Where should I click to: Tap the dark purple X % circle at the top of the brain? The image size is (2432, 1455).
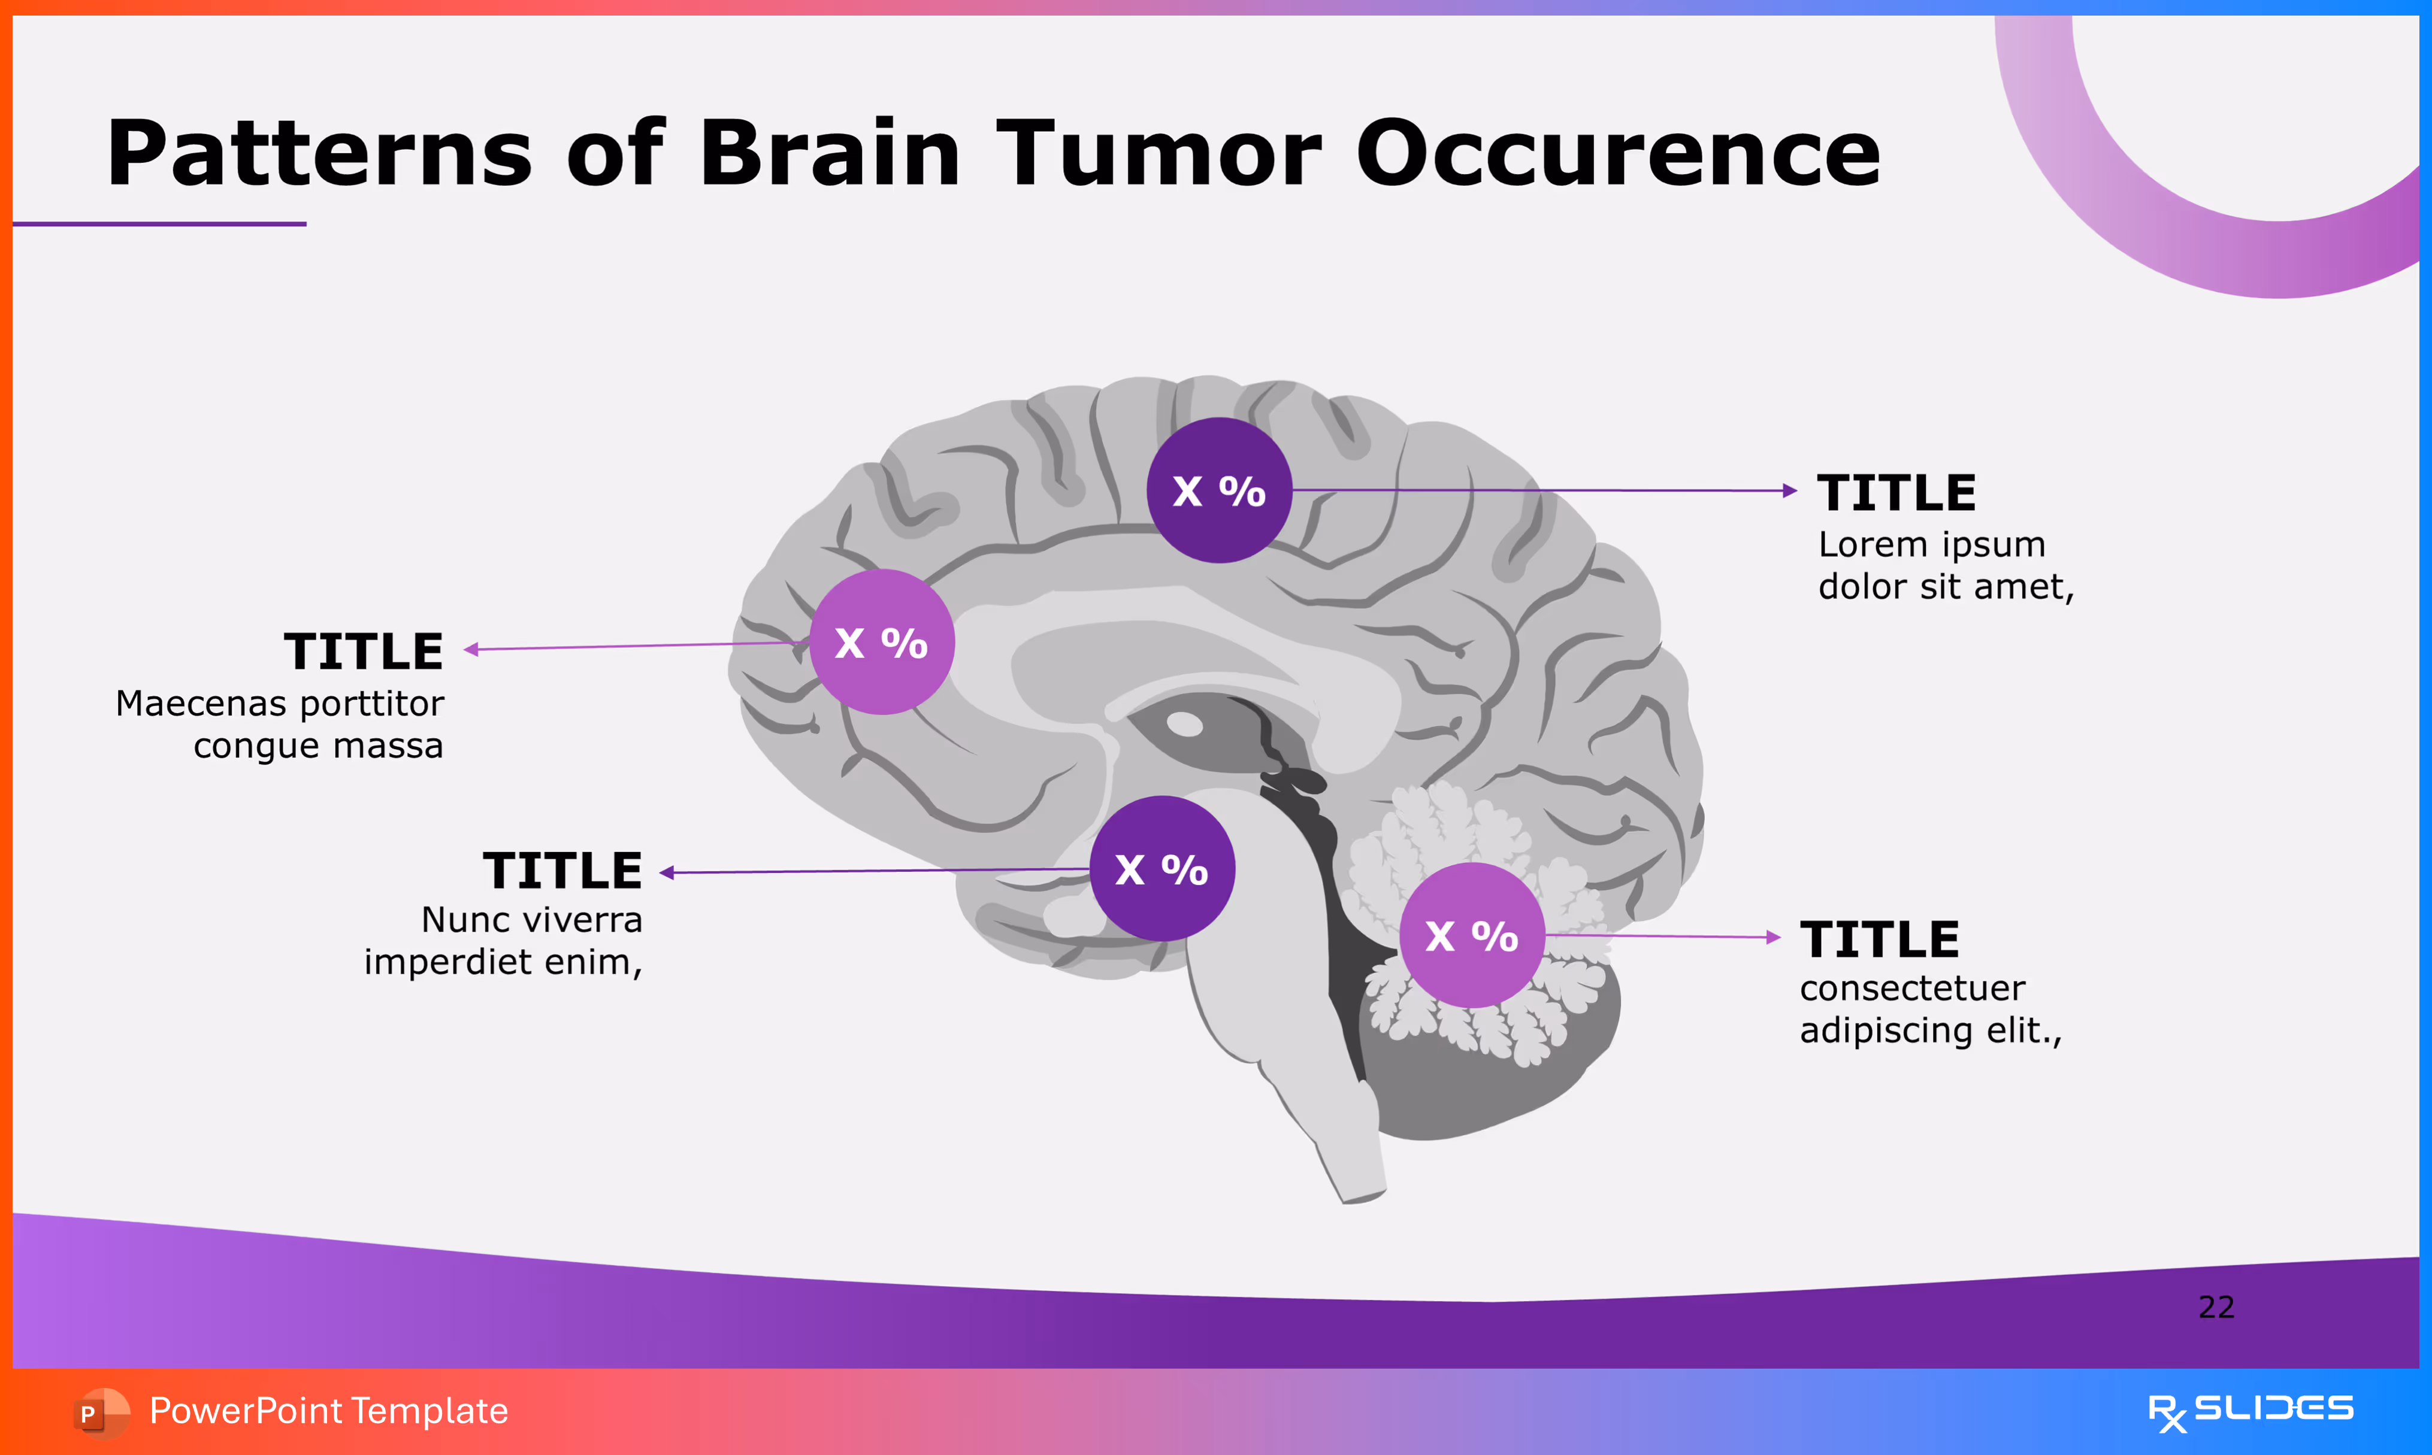point(1219,490)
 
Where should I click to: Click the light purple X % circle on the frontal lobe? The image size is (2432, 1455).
point(882,642)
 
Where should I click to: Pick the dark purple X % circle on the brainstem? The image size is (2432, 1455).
point(1162,869)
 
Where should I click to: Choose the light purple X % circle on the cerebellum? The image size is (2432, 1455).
point(1472,935)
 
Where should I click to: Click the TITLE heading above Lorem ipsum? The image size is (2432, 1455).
point(1896,492)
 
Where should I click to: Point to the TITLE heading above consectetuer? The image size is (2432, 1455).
point(1879,939)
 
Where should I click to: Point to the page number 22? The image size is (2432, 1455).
point(2216,1307)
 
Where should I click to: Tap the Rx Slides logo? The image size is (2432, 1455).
point(2250,1411)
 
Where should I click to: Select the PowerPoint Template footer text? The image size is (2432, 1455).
point(328,1411)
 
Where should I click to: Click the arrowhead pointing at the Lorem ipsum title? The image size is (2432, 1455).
point(1790,490)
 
